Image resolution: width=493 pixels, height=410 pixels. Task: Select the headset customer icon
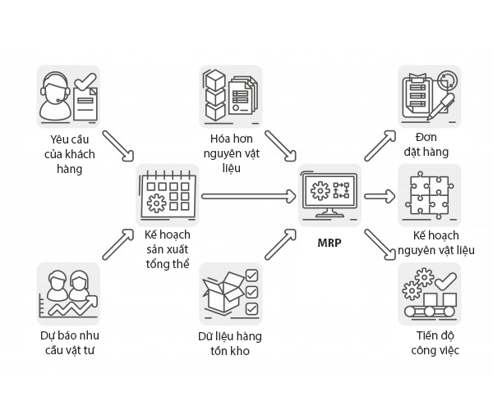[x=69, y=97]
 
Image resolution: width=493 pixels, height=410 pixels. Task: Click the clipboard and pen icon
[x=428, y=97]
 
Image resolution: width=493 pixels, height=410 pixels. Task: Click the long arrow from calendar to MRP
[x=248, y=196]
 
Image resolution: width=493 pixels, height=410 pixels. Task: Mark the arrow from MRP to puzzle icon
[x=377, y=196]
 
